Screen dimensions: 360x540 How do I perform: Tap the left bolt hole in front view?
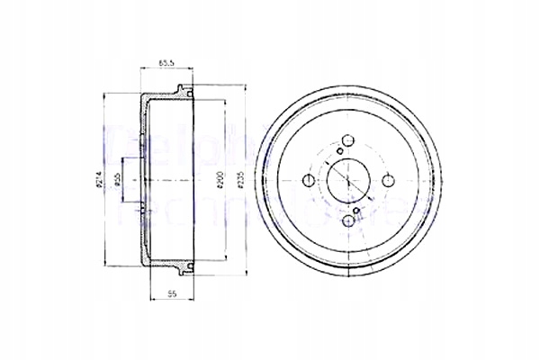310,180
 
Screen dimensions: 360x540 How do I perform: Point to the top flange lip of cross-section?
185,91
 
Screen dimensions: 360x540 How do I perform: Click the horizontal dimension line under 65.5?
166,69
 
